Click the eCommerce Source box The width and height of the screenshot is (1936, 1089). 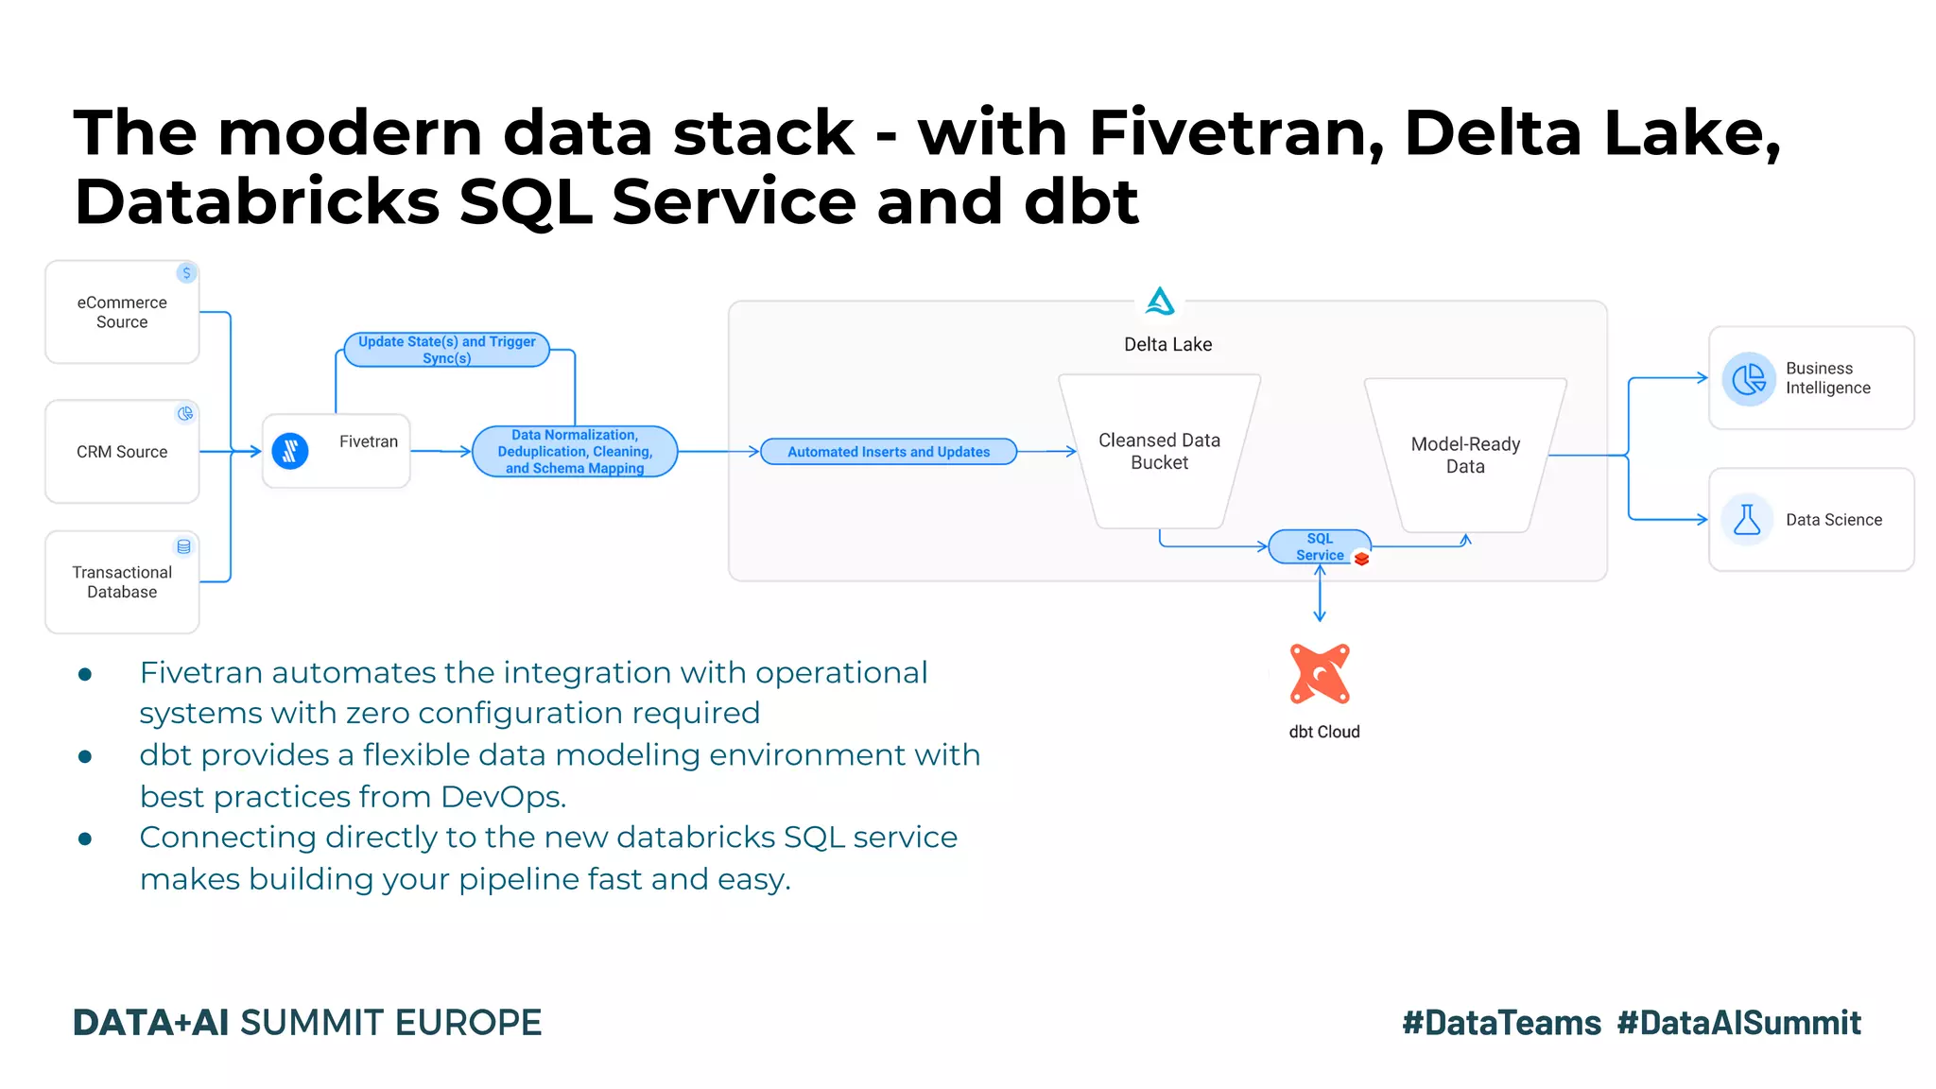pyautogui.click(x=122, y=312)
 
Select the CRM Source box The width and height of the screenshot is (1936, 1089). pyautogui.click(x=122, y=452)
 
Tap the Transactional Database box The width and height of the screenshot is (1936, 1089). pyautogui.click(x=122, y=582)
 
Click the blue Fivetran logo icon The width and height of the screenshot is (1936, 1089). pyautogui.click(x=290, y=451)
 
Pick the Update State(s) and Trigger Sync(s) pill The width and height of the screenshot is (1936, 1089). pyautogui.click(x=446, y=350)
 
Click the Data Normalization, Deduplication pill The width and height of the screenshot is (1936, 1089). pyautogui.click(x=575, y=452)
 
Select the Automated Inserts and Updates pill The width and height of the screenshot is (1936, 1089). pyautogui.click(x=889, y=452)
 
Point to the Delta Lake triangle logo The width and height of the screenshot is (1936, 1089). pyautogui.click(x=1160, y=302)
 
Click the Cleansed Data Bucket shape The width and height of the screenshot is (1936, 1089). pyautogui.click(x=1159, y=452)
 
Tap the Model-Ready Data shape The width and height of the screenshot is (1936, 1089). pyautogui.click(x=1465, y=456)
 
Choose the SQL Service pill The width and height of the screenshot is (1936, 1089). pyautogui.click(x=1319, y=546)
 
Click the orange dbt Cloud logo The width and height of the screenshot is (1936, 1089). pyautogui.click(x=1320, y=674)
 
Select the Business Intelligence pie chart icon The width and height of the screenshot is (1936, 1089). pyautogui.click(x=1749, y=379)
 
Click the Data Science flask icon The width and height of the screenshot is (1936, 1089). pyautogui.click(x=1747, y=520)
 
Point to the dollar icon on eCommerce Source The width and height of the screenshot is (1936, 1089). pyautogui.click(x=186, y=273)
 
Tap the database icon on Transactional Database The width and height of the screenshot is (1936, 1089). pyautogui.click(x=183, y=546)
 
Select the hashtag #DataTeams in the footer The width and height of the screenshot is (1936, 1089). pyautogui.click(x=1501, y=1023)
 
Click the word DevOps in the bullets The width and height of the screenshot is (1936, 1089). pyautogui.click(x=503, y=797)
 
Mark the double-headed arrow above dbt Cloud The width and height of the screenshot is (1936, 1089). pyautogui.click(x=1320, y=593)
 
